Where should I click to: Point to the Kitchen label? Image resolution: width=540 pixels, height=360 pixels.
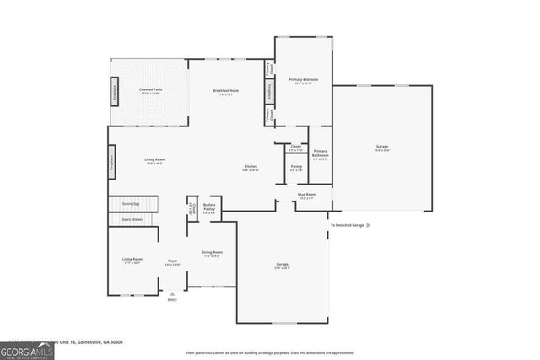click(251, 168)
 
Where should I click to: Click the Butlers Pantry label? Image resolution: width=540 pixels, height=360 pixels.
click(209, 208)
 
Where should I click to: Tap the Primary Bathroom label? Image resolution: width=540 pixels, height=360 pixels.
click(321, 154)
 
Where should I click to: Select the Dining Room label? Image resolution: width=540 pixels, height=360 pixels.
click(212, 253)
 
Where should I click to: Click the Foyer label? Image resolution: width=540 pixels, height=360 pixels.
click(172, 261)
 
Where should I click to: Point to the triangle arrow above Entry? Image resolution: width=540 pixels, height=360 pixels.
click(173, 293)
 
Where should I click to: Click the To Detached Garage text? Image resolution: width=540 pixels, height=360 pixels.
click(347, 225)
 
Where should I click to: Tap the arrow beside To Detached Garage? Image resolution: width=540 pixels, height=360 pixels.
click(368, 225)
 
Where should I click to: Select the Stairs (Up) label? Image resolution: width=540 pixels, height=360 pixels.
click(131, 203)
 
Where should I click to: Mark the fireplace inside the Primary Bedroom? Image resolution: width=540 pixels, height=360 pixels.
click(269, 92)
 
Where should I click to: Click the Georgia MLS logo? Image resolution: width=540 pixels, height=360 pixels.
click(27, 348)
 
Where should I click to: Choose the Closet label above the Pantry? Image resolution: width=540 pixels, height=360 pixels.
click(296, 148)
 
